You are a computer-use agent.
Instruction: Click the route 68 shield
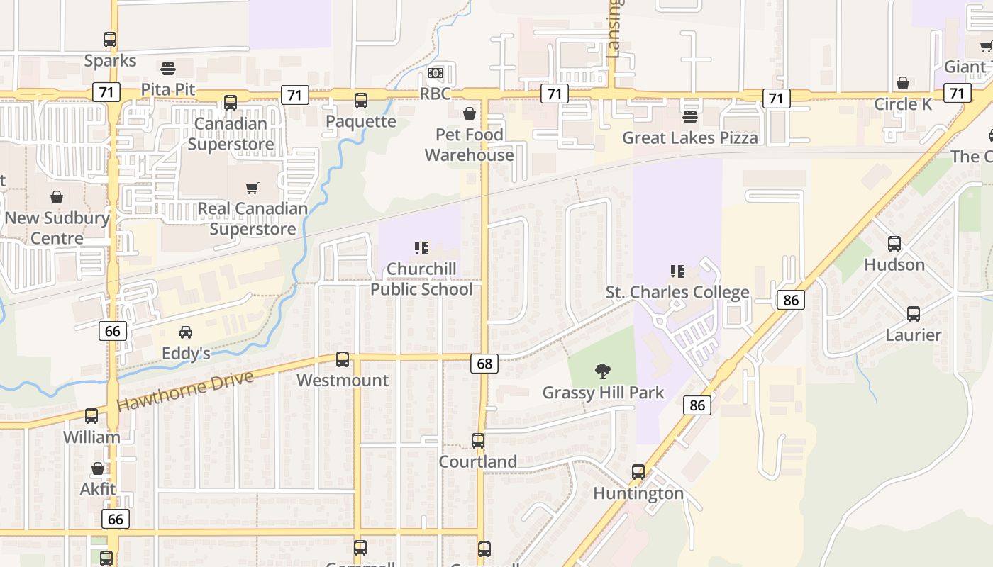(484, 364)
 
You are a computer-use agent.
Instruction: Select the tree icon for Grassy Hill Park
(603, 371)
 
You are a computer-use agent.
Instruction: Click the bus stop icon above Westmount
(343, 359)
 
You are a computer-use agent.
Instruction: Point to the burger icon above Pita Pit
(168, 69)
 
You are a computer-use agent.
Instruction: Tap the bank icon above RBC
(436, 73)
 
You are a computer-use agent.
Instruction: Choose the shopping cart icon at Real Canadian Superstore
(253, 188)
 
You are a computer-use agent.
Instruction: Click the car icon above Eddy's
(186, 332)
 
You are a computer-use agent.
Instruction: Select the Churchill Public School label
(421, 279)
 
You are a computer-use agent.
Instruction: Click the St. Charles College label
(677, 292)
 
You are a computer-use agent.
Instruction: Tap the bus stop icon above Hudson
(894, 244)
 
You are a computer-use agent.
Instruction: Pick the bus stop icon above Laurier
(914, 314)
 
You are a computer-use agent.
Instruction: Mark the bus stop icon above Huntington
(638, 472)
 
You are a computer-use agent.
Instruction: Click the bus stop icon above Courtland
(478, 441)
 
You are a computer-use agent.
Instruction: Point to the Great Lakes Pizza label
(689, 137)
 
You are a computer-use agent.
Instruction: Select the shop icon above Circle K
(903, 84)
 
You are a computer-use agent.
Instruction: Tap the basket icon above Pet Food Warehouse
(470, 113)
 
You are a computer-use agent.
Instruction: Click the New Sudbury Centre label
(57, 228)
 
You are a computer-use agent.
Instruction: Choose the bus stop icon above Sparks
(110, 40)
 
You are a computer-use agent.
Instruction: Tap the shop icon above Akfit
(98, 468)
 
